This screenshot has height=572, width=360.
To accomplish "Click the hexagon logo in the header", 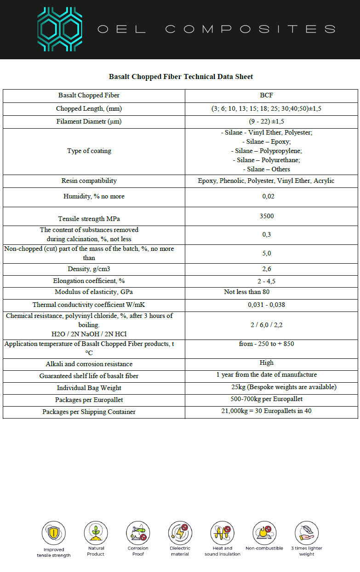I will tap(60, 29).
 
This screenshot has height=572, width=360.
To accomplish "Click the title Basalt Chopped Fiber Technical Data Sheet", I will tap(181, 77).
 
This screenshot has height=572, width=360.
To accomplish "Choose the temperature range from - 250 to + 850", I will tap(266, 344).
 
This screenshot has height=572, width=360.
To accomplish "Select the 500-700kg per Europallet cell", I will tap(266, 399).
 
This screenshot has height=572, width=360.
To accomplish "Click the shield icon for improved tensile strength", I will tap(54, 533).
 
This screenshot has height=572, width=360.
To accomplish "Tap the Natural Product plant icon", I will tap(96, 532).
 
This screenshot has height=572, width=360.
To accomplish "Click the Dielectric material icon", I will tap(180, 533).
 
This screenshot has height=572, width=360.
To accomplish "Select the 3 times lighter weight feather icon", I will tap(307, 533).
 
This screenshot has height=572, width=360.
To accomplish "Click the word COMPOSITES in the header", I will tap(250, 29).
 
